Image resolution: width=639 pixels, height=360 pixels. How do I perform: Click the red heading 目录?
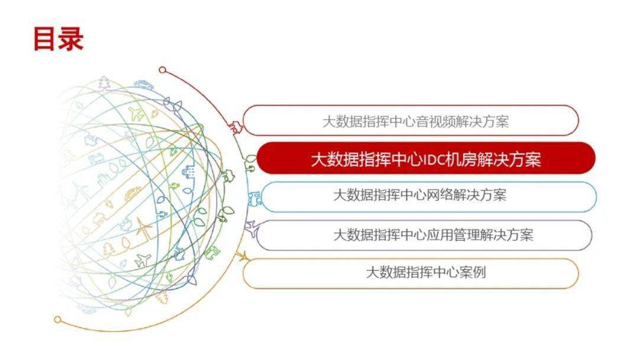(x=58, y=38)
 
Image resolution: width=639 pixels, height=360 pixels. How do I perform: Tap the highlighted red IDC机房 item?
(x=426, y=158)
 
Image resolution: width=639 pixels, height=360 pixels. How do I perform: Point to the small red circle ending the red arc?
(x=163, y=70)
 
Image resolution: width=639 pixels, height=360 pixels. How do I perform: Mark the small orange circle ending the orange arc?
(x=58, y=319)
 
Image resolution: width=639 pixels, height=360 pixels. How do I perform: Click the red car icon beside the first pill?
(x=236, y=128)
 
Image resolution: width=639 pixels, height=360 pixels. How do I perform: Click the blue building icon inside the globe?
(x=188, y=172)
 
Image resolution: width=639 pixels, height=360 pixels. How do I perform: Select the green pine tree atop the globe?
(x=105, y=83)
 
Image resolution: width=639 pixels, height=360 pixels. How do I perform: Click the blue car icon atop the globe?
(x=143, y=85)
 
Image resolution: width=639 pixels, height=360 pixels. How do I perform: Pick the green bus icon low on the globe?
(x=211, y=253)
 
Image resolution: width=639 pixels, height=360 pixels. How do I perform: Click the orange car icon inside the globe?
(x=133, y=194)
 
